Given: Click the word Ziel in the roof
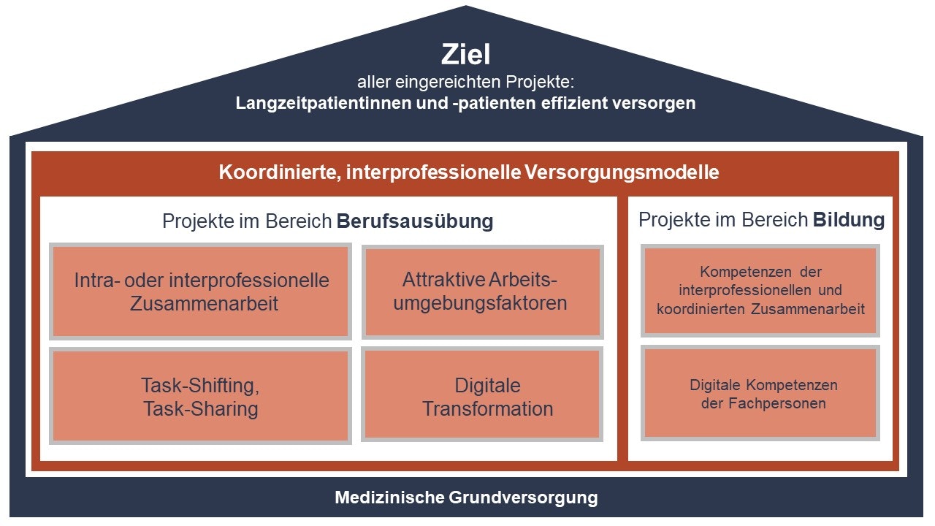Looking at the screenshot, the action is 465,54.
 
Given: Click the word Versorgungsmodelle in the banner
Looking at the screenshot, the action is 622,172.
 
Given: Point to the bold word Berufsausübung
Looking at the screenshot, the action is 415,221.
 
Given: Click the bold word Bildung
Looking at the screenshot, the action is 849,220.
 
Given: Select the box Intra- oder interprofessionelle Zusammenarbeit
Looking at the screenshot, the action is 200,291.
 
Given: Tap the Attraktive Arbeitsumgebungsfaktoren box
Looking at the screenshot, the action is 483,291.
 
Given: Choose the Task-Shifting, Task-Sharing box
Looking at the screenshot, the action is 200,396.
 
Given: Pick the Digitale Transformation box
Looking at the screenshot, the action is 482,394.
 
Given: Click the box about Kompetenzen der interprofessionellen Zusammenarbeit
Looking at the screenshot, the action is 760,291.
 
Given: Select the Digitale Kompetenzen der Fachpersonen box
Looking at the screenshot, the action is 760,393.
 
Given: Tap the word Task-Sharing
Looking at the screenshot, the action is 201,408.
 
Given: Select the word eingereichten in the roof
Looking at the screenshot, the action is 448,82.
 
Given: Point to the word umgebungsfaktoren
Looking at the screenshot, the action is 480,303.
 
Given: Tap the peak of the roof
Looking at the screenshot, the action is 466,6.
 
